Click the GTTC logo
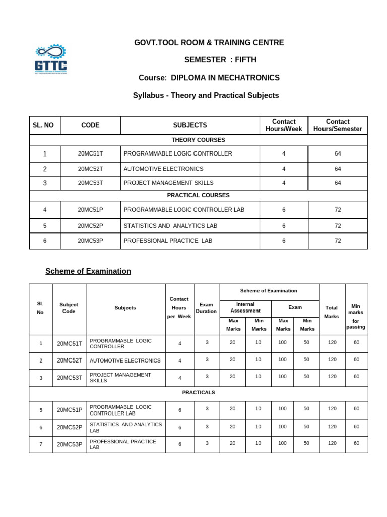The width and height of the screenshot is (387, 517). pyautogui.click(x=50, y=60)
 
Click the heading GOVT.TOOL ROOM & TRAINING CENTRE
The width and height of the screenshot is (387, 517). pyautogui.click(x=209, y=43)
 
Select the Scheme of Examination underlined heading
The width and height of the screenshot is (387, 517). pyautogui.click(x=88, y=271)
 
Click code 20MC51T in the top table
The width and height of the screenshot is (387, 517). pyautogui.click(x=90, y=154)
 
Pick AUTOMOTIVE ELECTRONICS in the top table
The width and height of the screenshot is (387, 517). pyautogui.click(x=163, y=169)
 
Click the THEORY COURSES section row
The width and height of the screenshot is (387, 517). pyautogui.click(x=198, y=140)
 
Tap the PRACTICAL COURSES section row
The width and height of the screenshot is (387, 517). pyautogui.click(x=198, y=195)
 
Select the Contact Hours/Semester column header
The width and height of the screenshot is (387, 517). pyautogui.click(x=338, y=125)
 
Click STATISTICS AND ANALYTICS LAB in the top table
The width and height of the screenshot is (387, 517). pyautogui.click(x=170, y=226)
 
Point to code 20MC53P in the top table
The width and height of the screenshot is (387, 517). pyautogui.click(x=90, y=241)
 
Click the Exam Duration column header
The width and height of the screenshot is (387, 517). pyautogui.click(x=207, y=308)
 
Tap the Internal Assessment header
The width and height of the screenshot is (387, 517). pyautogui.click(x=245, y=307)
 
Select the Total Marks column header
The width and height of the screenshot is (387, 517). pyautogui.click(x=332, y=312)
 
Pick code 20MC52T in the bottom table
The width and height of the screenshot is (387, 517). pyautogui.click(x=70, y=360)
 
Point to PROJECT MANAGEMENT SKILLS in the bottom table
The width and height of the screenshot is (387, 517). pyautogui.click(x=120, y=378)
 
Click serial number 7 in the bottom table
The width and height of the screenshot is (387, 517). pyautogui.click(x=41, y=444)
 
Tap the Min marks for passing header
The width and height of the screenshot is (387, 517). pyautogui.click(x=356, y=317)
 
